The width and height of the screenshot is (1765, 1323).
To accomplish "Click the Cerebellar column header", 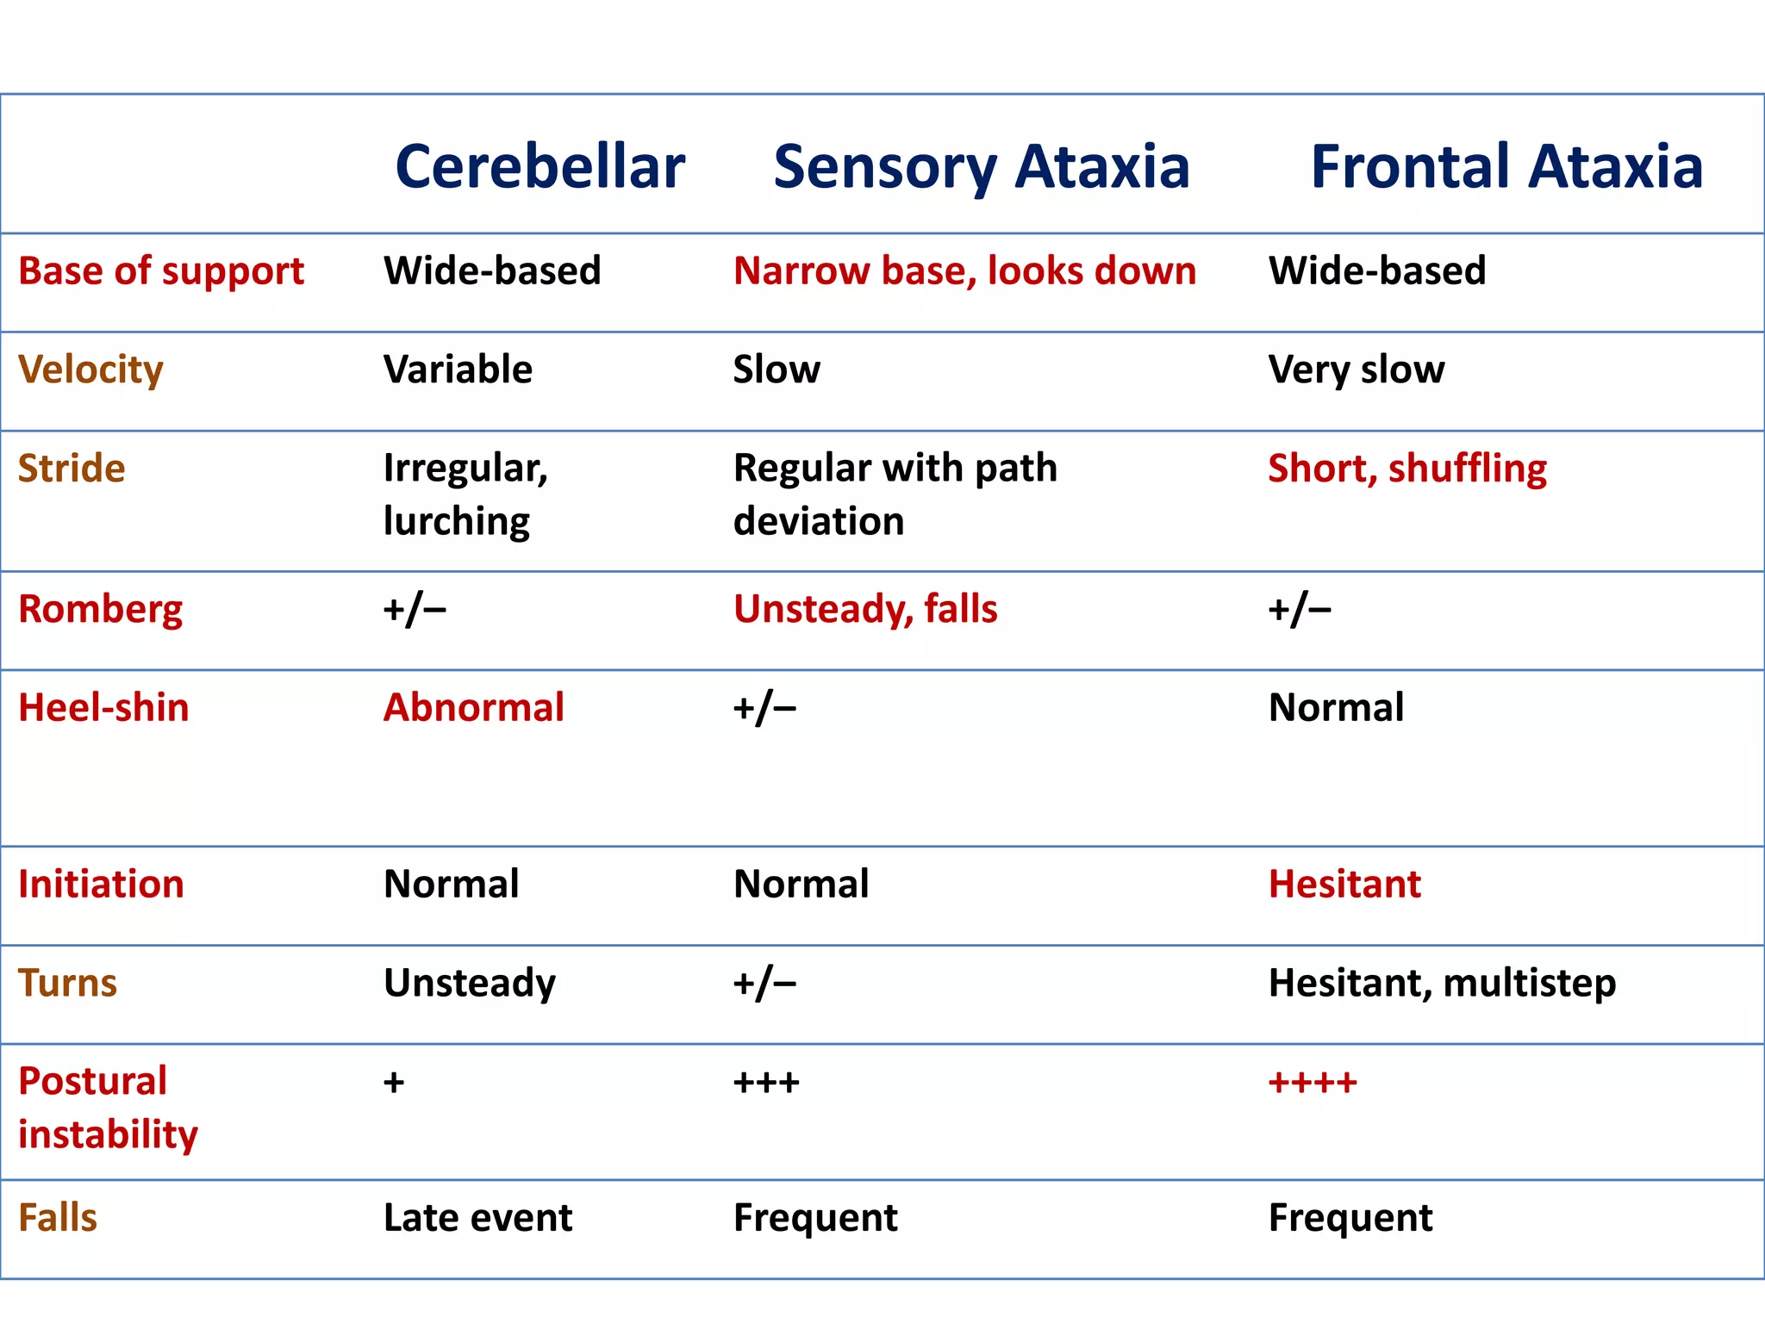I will click(x=539, y=166).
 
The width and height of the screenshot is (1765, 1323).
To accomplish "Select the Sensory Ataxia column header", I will click(x=981, y=166).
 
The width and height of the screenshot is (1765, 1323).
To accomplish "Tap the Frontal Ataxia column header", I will click(x=1506, y=166).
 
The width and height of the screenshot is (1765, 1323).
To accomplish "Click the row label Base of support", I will click(x=161, y=271).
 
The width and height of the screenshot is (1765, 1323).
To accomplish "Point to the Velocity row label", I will click(x=90, y=370).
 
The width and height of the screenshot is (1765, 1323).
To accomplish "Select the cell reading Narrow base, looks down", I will click(x=964, y=271).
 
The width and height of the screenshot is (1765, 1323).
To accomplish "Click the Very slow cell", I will click(x=1356, y=370).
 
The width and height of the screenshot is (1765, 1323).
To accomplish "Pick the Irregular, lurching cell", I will click(x=465, y=494).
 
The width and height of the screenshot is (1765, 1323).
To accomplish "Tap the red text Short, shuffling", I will click(x=1406, y=469).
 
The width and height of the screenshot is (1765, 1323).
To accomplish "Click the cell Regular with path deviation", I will click(x=895, y=494).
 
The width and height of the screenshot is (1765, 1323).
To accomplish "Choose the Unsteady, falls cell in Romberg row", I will click(x=865, y=609).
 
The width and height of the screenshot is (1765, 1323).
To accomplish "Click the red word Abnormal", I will click(x=473, y=707).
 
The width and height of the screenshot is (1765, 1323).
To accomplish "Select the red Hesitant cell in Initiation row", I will click(x=1344, y=884).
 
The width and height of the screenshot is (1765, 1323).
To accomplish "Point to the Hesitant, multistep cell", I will click(x=1442, y=983).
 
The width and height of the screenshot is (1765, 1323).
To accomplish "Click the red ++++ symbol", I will click(x=1312, y=1082).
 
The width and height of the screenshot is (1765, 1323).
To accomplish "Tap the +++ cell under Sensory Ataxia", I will click(x=766, y=1082).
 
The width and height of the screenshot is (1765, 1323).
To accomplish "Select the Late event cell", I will click(x=477, y=1218).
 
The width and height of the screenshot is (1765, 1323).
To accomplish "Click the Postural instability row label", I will click(x=108, y=1108).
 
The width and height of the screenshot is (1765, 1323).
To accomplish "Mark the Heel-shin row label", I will click(x=103, y=707).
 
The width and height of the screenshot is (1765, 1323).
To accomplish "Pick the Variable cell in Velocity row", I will click(x=458, y=370).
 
